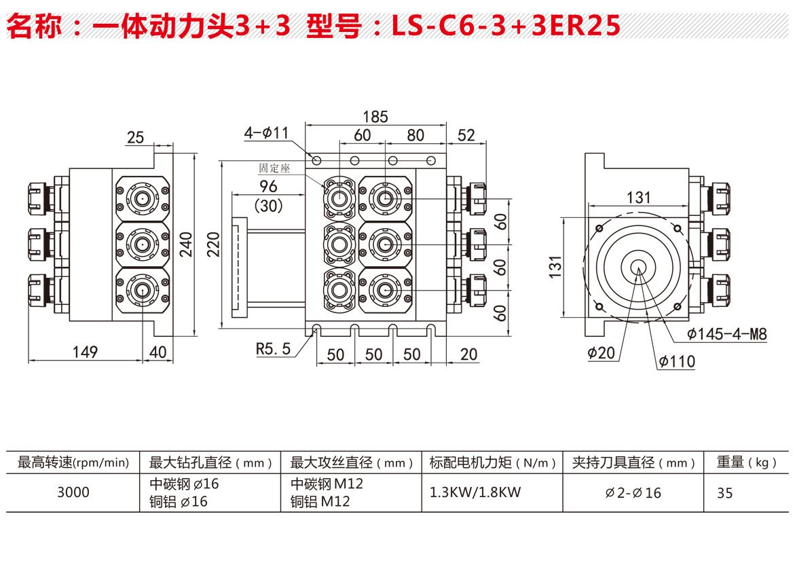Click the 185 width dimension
375,116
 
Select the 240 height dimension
187,244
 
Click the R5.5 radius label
273,349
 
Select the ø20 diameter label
602,353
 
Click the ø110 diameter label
676,361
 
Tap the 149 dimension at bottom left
84,352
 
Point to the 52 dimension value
466,135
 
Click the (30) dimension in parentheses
267,204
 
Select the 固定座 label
274,168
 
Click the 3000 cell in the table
73,492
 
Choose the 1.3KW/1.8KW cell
475,492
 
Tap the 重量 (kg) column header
746,463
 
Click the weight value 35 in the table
725,493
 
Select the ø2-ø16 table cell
633,493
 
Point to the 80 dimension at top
415,135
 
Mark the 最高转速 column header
73,463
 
